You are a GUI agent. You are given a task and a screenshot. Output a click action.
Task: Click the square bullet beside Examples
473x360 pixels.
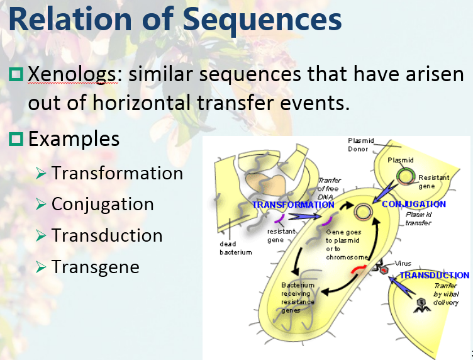[16, 138]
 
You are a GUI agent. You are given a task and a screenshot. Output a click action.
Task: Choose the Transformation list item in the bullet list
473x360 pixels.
[117, 172]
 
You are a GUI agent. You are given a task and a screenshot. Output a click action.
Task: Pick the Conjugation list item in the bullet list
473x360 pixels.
[103, 204]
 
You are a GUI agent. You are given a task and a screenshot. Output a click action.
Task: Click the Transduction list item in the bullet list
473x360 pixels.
[107, 235]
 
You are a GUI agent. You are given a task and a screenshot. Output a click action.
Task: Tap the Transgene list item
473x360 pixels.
[96, 267]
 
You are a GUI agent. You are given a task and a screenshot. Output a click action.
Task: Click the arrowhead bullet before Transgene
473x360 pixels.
[42, 267]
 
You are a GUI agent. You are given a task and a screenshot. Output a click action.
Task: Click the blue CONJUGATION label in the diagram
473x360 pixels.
[413, 204]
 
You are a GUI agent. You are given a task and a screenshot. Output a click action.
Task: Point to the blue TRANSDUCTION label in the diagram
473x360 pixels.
[434, 275]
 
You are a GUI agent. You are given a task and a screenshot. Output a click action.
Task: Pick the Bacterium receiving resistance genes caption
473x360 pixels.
[298, 298]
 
